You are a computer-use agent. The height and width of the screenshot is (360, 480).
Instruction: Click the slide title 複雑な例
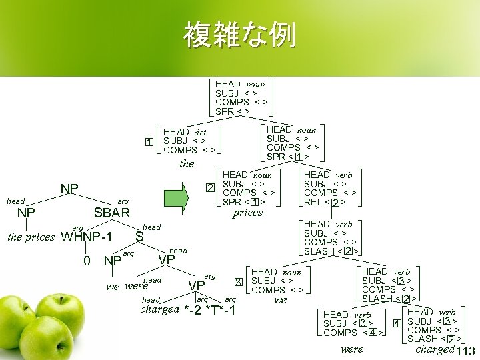tap(240, 35)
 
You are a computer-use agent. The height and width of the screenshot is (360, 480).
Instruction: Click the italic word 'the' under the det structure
tap(187, 163)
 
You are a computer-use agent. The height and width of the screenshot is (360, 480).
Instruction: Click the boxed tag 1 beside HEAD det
tap(150, 142)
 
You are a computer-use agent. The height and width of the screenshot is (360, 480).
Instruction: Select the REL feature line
tap(328, 203)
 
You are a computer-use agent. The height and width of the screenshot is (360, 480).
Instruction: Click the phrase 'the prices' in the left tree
tap(30, 237)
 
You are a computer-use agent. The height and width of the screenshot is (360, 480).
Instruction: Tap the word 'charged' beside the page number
tap(434, 349)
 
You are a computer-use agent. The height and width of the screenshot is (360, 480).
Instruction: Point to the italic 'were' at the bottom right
tap(352, 349)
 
